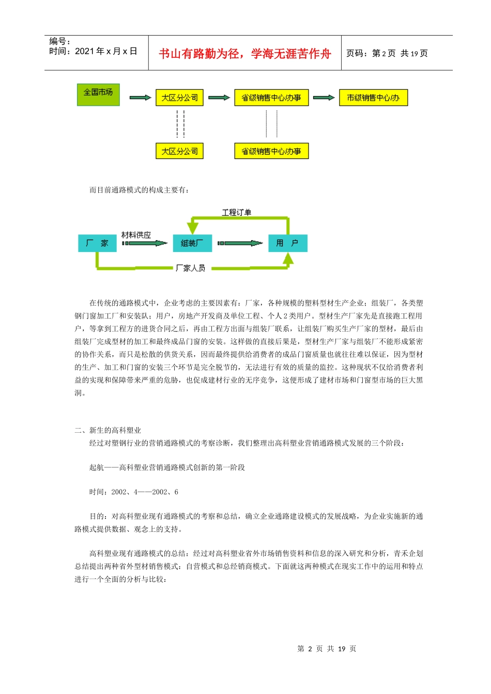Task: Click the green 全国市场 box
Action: point(98,94)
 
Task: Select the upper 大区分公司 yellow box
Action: point(179,98)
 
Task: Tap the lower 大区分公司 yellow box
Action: point(179,151)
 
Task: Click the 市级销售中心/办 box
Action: point(373,98)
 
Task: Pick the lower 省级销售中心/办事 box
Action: point(271,151)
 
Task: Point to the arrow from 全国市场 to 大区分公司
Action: point(140,98)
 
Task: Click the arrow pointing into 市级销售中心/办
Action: point(324,98)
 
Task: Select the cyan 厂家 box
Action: point(97,243)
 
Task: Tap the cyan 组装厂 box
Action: point(192,243)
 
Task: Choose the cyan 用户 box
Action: point(287,243)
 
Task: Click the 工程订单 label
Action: point(236,212)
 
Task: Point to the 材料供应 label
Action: point(136,235)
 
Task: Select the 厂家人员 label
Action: point(190,268)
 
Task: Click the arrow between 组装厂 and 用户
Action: point(240,243)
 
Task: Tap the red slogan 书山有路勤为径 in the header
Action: point(244,54)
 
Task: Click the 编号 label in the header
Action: point(59,41)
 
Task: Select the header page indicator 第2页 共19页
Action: point(387,53)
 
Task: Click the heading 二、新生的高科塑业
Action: point(108,430)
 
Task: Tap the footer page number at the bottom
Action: point(327,649)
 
